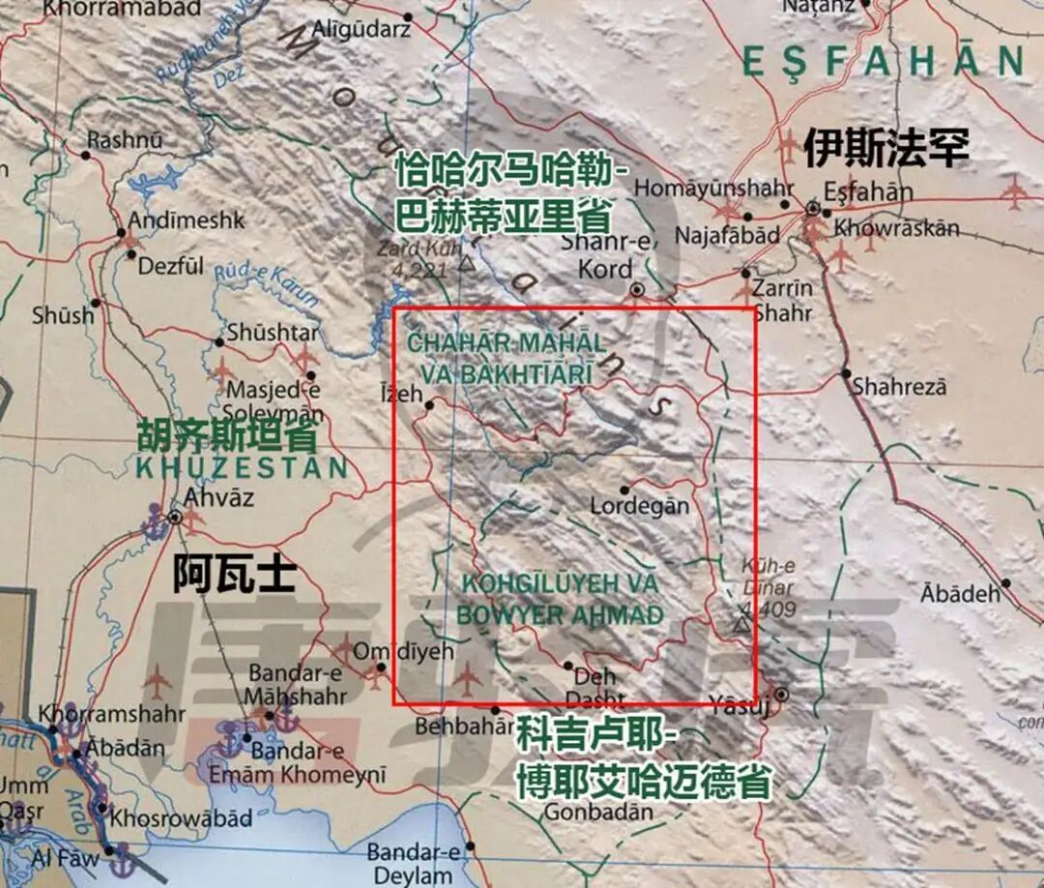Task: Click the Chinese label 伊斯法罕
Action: coord(885,148)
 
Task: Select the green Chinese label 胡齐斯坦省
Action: coord(227,436)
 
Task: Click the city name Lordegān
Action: coord(640,506)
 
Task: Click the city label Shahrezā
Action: coord(899,387)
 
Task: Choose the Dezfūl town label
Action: coord(171,264)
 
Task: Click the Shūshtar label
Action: coord(272,333)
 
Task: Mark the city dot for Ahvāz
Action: coord(175,517)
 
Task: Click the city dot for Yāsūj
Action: coord(781,695)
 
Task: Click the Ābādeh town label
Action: coord(960,593)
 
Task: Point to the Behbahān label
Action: coord(460,725)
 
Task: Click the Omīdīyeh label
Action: coord(402,652)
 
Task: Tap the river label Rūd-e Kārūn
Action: coord(266,285)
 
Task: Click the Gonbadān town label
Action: coord(598,812)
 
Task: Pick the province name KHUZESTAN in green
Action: coord(242,468)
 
